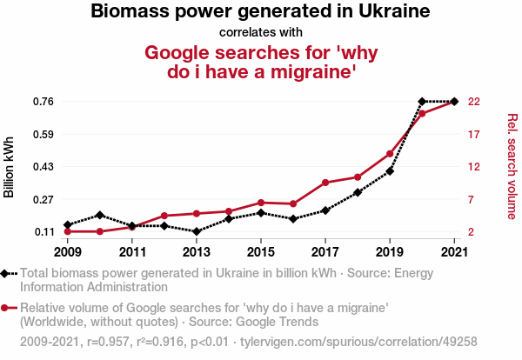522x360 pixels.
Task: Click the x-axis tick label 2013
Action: coord(197,252)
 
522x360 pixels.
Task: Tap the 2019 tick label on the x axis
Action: coord(390,252)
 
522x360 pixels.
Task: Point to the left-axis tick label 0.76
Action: coord(43,102)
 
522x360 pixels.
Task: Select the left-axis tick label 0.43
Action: coord(43,167)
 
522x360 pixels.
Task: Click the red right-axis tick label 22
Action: coord(474,102)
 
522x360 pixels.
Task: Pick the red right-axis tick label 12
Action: coord(474,167)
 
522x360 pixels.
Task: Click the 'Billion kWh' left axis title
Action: coord(10,167)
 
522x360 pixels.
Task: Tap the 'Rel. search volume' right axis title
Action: coord(512,167)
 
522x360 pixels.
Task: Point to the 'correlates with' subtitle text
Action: coord(261,32)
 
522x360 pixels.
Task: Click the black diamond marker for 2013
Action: coord(197,231)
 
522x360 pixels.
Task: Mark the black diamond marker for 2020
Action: coord(422,102)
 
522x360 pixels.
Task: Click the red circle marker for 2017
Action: coord(325,183)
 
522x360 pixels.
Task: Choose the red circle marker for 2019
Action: coord(390,154)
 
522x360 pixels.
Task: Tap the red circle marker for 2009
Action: coord(67,231)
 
